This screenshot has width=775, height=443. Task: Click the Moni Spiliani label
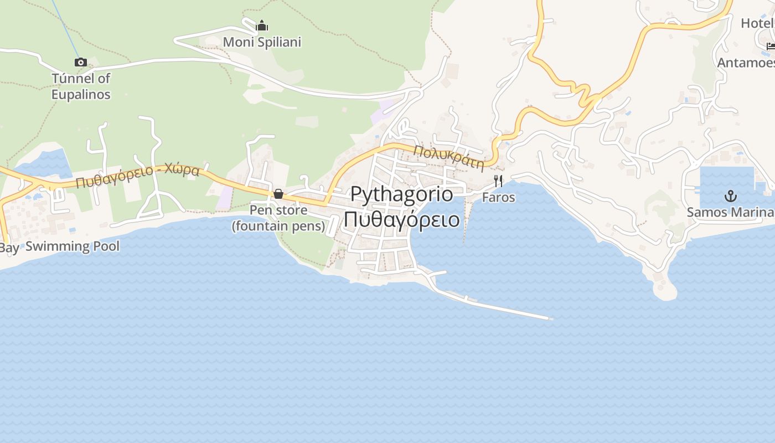coord(262,42)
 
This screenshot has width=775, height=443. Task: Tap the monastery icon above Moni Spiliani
coord(262,25)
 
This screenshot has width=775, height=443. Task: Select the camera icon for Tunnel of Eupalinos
coord(81,62)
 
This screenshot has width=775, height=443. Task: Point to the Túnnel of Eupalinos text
coord(81,86)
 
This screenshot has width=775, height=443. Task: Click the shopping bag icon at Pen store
coord(278,194)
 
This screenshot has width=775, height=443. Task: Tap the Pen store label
coord(278,210)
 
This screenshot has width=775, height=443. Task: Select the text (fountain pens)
coord(278,226)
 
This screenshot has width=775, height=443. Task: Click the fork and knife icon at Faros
coord(498,181)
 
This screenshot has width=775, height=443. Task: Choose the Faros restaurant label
coord(498,197)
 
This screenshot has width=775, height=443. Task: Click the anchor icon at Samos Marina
coord(731,196)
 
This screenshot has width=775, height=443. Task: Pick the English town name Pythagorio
coord(401,194)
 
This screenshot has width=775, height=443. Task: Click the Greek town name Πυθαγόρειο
coord(401,219)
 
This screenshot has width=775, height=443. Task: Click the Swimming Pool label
coord(73,246)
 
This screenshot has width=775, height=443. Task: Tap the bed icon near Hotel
coord(771,46)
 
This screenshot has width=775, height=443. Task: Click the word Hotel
coord(757,23)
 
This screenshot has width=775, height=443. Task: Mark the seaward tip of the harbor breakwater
coord(551,318)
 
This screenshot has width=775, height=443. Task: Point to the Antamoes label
coord(746,63)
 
